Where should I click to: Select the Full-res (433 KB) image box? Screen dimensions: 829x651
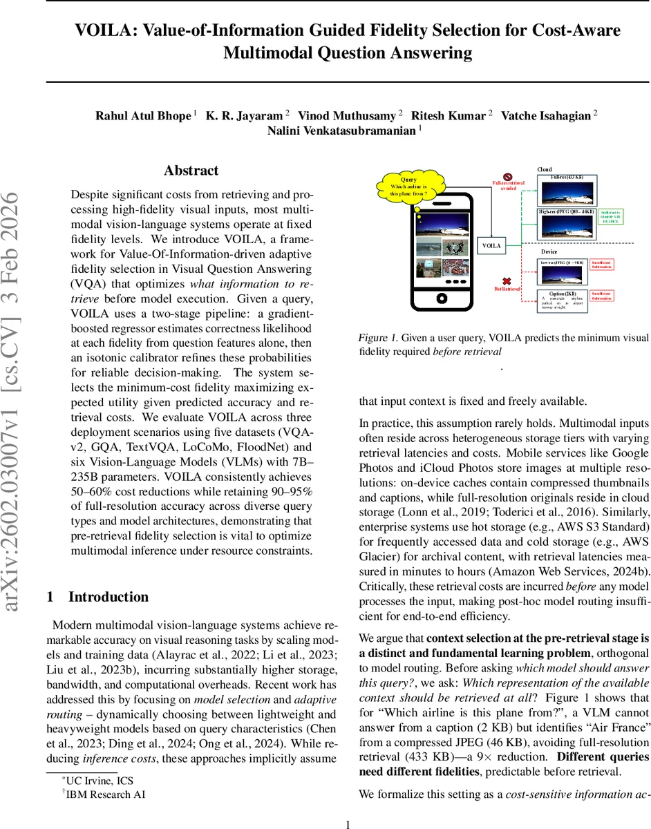(x=568, y=189)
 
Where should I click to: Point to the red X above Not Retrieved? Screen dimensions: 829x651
(x=506, y=280)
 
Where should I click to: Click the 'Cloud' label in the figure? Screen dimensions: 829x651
(x=545, y=169)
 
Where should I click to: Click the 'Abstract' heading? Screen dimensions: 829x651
(x=191, y=171)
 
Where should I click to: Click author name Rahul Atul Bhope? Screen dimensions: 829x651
(x=142, y=115)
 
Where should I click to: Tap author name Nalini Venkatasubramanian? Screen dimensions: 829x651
(x=341, y=131)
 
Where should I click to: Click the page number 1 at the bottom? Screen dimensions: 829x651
(x=348, y=823)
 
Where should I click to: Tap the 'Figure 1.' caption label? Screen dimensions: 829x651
(x=378, y=338)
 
